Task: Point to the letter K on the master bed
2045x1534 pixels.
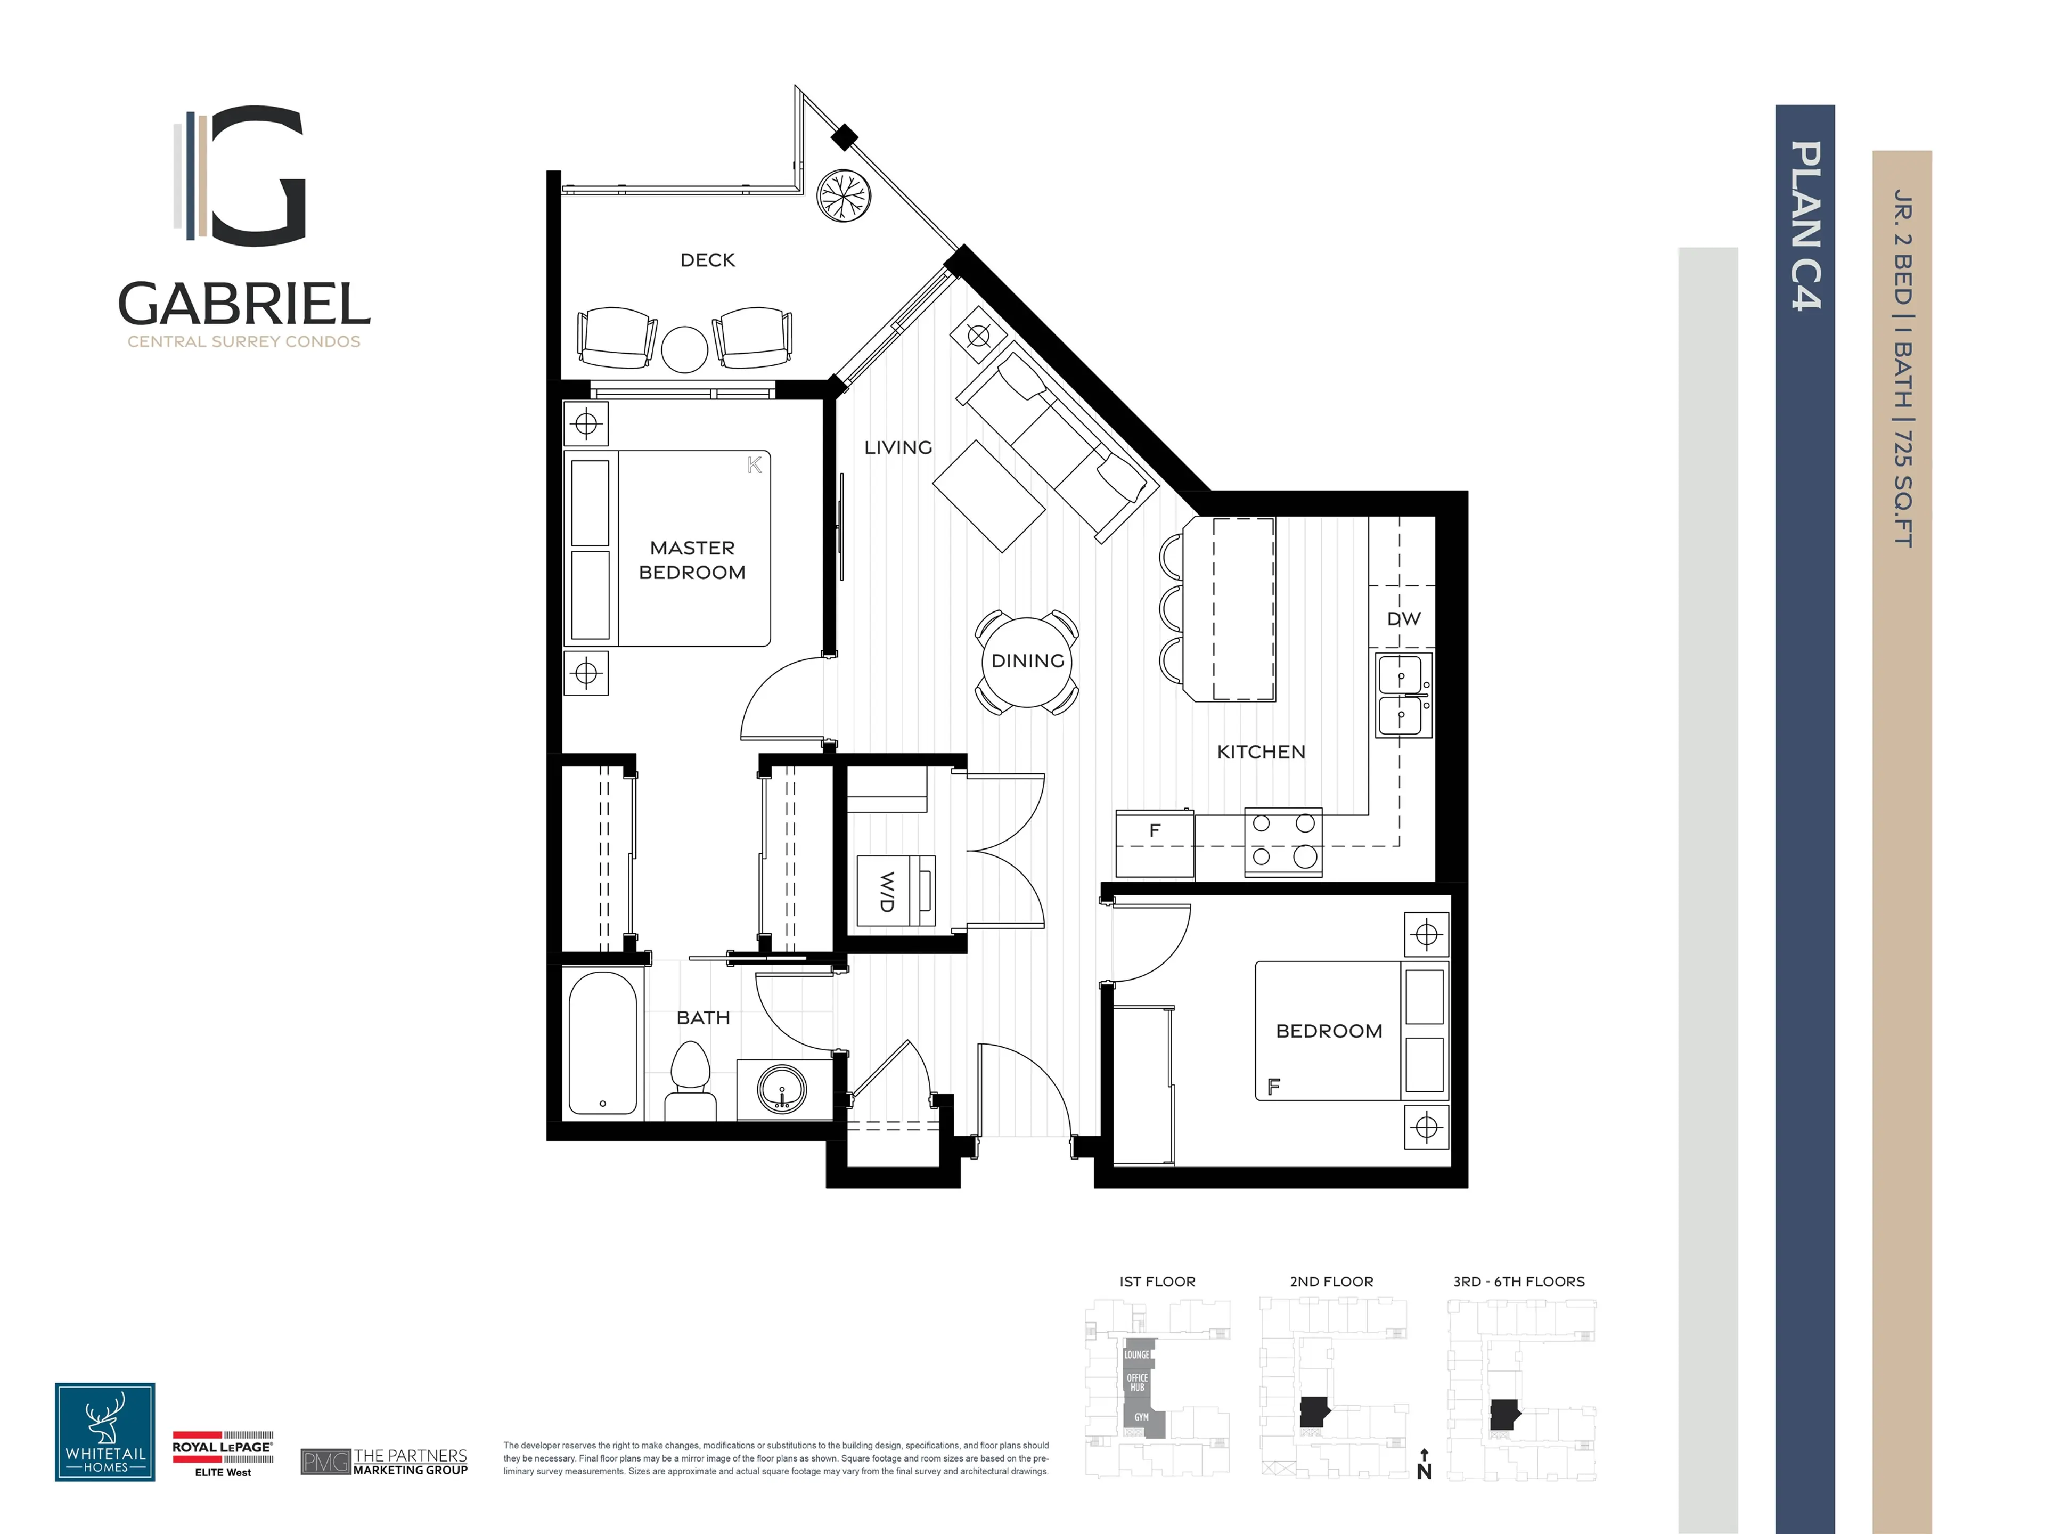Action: point(755,465)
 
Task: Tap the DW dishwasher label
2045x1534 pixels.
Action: point(1402,618)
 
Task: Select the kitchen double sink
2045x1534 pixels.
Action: point(1402,695)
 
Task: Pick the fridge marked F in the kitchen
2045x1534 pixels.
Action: point(1154,842)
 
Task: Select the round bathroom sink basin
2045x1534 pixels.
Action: point(782,1089)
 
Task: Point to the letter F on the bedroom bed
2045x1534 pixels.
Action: point(1274,1087)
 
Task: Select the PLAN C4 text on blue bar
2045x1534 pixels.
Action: point(1805,226)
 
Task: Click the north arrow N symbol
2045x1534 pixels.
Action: point(1424,1466)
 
